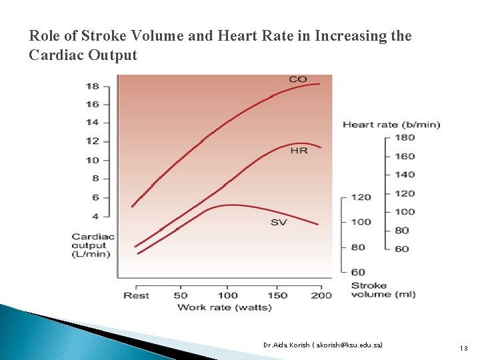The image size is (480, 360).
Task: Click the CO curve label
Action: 298,79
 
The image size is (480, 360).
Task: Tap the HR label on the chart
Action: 299,151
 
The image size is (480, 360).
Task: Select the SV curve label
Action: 279,222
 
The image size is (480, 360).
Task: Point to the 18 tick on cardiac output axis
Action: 92,86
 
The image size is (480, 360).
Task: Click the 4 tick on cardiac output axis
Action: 95,216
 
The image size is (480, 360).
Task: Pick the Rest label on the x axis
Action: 136,295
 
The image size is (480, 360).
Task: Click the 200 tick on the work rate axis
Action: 321,295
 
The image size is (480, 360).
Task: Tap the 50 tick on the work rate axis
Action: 181,295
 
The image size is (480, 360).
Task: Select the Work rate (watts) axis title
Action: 224,307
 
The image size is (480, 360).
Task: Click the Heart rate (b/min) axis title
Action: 391,125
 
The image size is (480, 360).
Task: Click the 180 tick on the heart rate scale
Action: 404,137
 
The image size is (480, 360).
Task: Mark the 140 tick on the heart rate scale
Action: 404,175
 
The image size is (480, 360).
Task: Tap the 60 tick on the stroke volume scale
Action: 358,272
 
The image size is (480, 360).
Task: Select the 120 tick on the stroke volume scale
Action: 361,197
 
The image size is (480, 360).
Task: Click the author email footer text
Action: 323,345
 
